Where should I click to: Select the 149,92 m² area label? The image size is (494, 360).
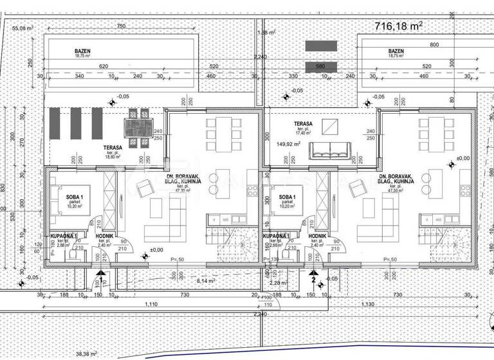(289, 144)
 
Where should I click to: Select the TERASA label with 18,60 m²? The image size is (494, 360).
(114, 148)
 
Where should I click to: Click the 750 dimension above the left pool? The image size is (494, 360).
(120, 26)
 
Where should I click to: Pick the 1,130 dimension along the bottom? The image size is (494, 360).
(370, 305)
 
